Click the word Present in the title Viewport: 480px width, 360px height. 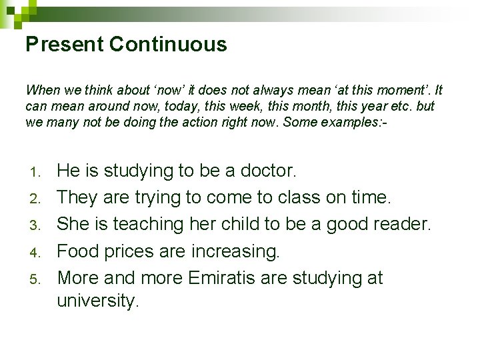[65, 45]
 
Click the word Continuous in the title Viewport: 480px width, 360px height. [168, 45]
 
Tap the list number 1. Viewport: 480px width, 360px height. [37, 172]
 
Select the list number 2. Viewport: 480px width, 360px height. [37, 199]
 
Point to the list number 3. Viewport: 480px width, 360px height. [37, 225]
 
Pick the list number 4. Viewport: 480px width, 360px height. [37, 252]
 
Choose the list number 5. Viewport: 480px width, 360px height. [37, 279]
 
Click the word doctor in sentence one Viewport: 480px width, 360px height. [265, 171]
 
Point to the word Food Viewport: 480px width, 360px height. [78, 251]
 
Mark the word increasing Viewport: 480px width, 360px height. [235, 251]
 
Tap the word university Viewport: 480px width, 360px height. [97, 301]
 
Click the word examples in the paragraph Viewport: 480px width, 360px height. [343, 123]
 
